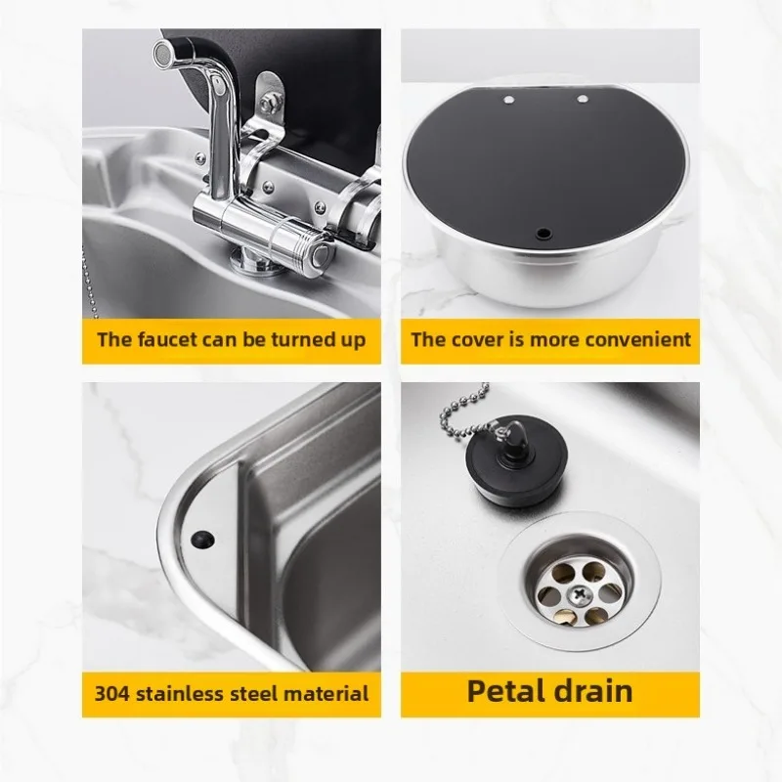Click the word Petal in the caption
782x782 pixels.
coord(504,691)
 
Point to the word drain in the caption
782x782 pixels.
coord(593,691)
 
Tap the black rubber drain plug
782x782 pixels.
coord(516,460)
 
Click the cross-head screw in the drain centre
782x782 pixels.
coord(579,594)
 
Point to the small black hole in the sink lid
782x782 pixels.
coord(543,233)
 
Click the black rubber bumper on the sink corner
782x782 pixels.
coord(203,540)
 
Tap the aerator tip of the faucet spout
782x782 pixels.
coord(162,51)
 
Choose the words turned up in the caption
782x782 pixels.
coord(319,340)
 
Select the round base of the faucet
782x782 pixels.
coord(257,263)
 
